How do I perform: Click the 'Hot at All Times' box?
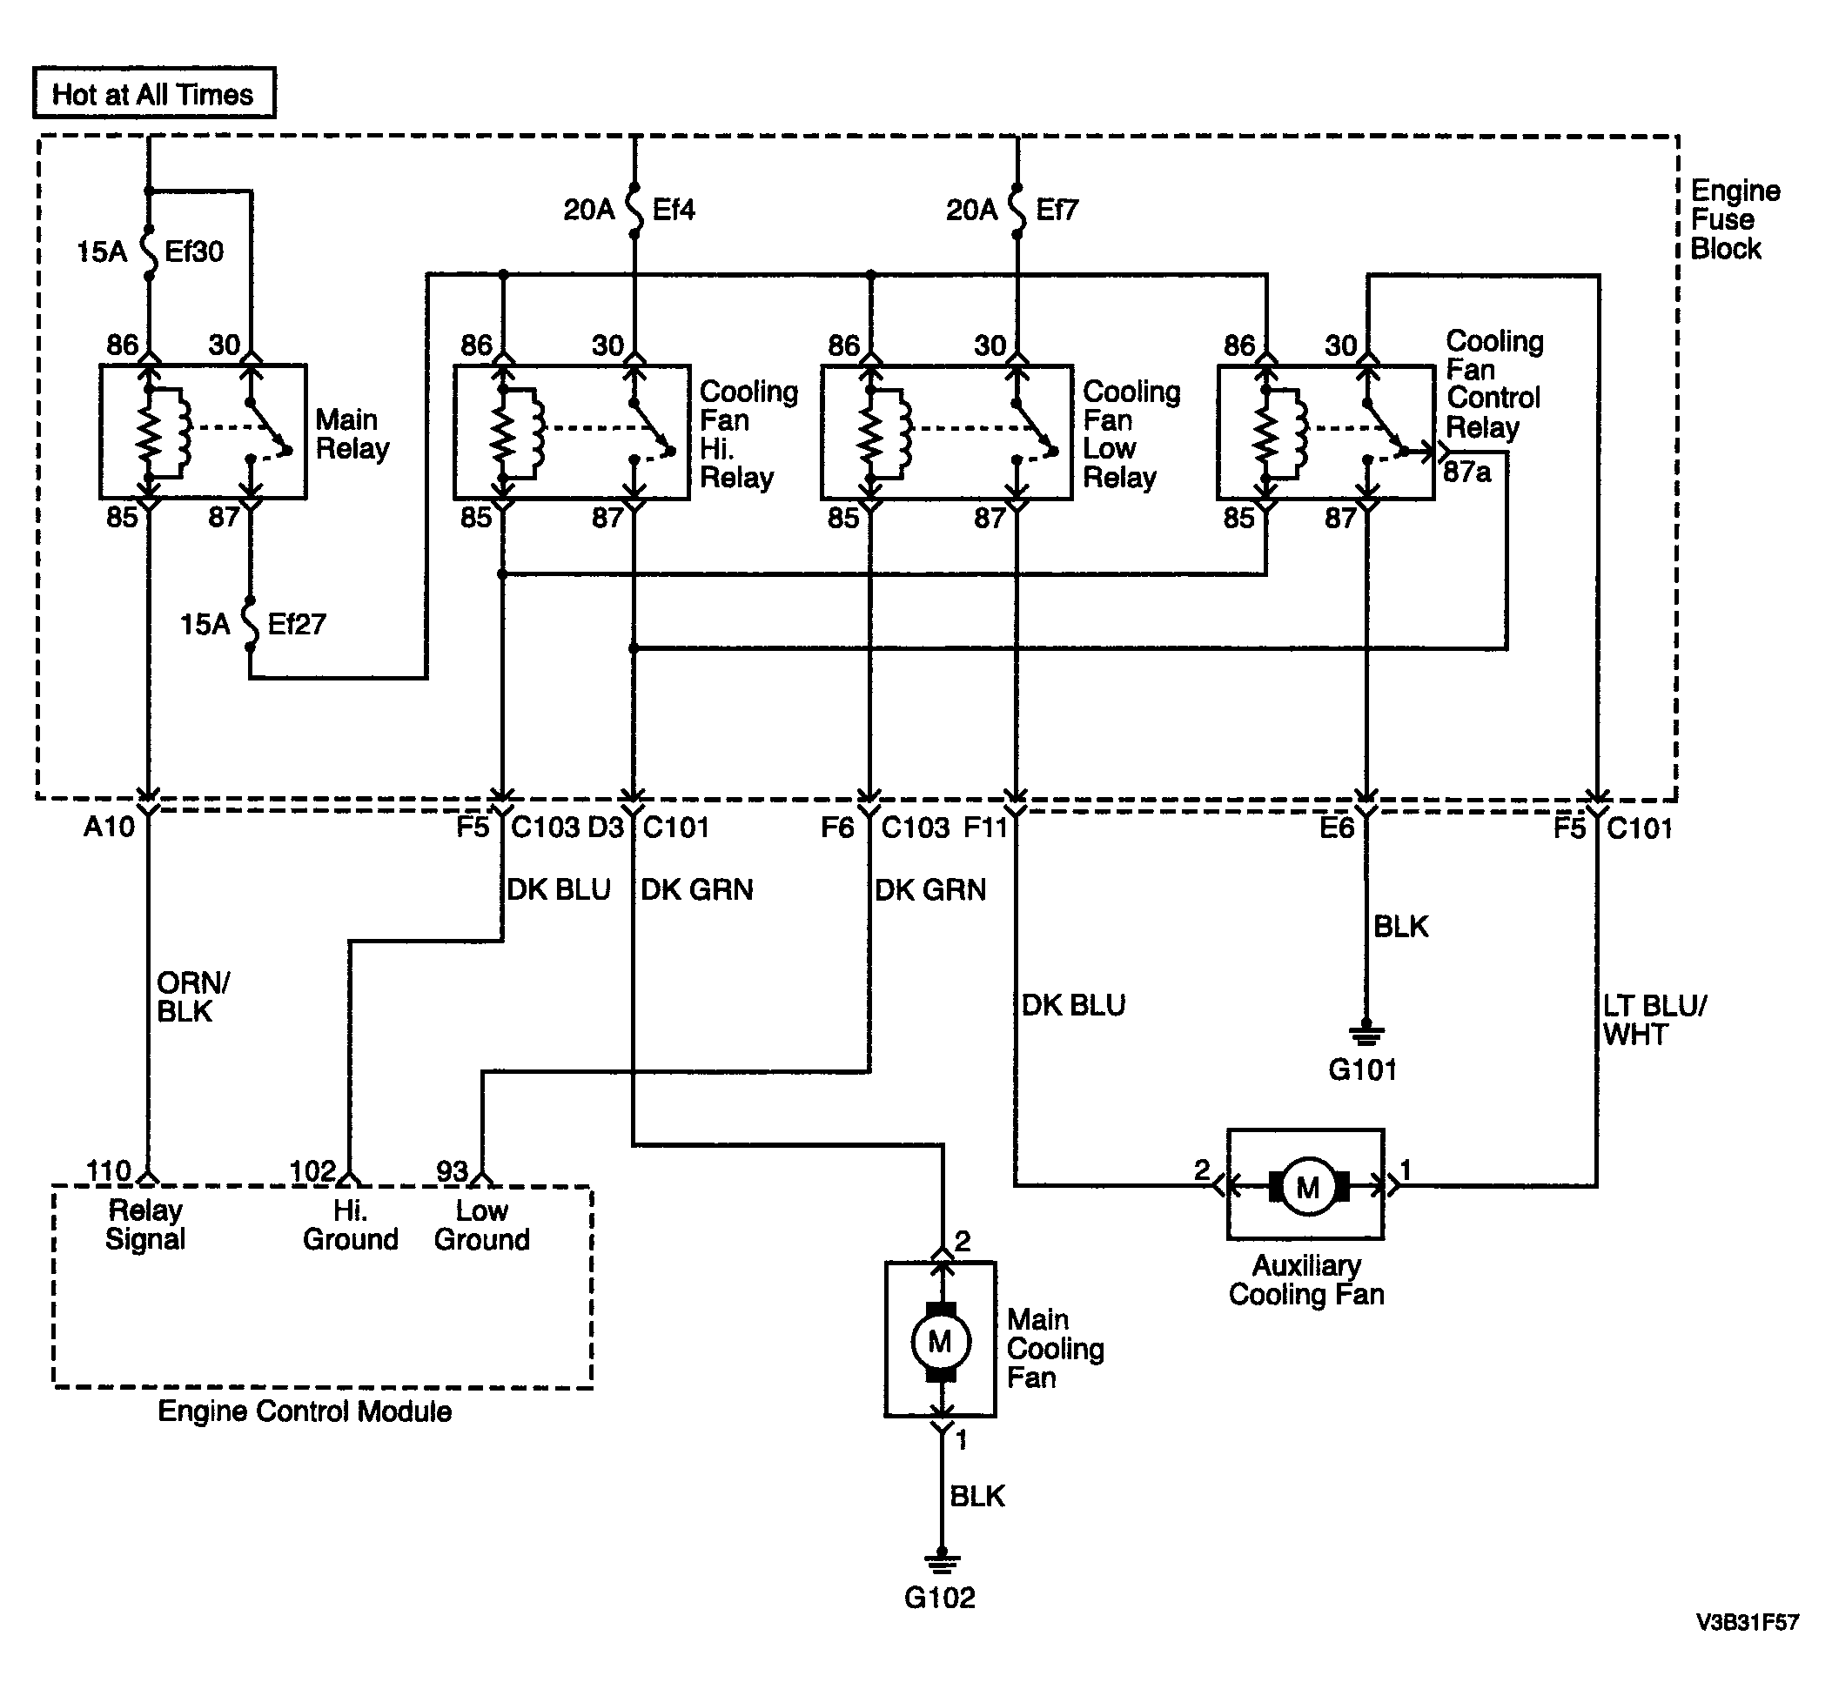click(x=154, y=93)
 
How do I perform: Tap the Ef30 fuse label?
click(x=194, y=251)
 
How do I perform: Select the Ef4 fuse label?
click(x=674, y=211)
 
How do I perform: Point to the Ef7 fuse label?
click(x=1057, y=211)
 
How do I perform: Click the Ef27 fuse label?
click(x=297, y=624)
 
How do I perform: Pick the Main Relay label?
click(x=352, y=434)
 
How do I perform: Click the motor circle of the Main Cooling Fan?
click(x=940, y=1341)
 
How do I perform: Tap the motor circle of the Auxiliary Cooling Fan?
click(x=1308, y=1187)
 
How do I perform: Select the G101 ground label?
click(x=1363, y=1069)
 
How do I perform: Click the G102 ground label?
click(x=940, y=1598)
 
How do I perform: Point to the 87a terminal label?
click(x=1466, y=473)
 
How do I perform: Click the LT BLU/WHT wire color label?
click(x=1654, y=1021)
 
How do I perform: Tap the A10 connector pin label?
click(x=109, y=827)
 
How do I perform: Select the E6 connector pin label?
click(x=1338, y=828)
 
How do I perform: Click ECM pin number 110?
click(x=109, y=1171)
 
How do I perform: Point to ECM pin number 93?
click(x=453, y=1171)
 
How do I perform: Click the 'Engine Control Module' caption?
click(x=305, y=1411)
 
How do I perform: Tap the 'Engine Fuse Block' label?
click(x=1735, y=219)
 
